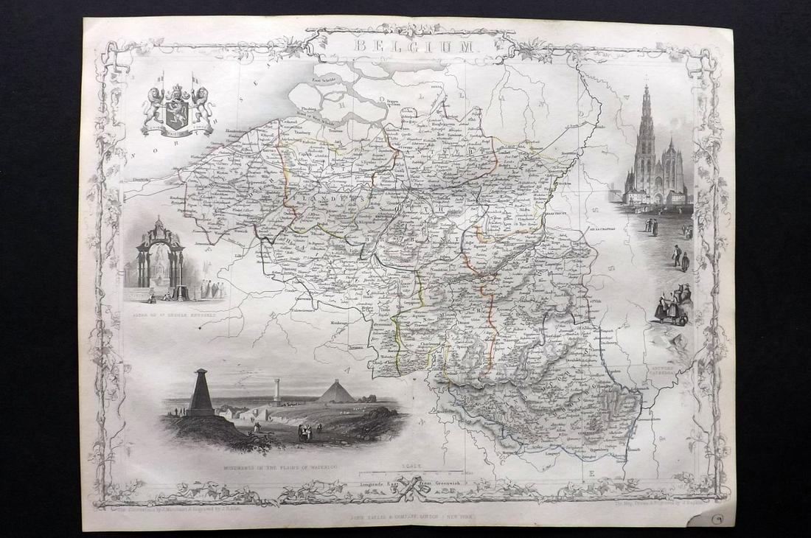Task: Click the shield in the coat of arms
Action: click(177, 103)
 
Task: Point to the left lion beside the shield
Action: click(154, 103)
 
